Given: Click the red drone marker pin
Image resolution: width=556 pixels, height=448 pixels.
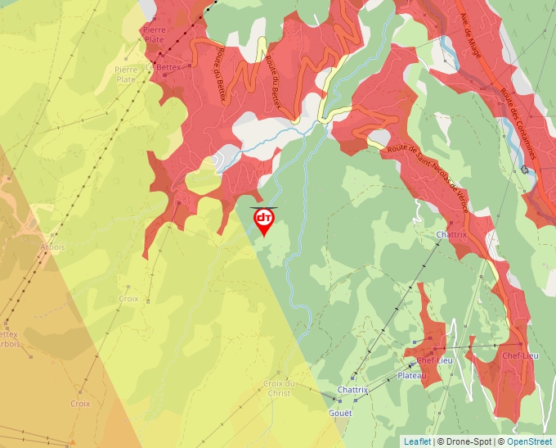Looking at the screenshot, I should pos(264,220).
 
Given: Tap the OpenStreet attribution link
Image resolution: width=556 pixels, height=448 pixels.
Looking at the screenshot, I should pos(531,441).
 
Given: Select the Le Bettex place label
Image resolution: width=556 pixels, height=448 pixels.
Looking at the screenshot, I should pos(161,67).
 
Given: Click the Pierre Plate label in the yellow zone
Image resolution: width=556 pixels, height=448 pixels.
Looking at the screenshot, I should pos(126,75).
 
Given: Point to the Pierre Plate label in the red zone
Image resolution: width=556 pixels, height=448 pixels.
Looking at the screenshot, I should pos(155,34).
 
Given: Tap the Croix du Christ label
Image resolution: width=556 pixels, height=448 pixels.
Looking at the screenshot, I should pos(279,387).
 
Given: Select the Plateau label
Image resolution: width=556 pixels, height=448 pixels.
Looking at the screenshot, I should pos(412,376).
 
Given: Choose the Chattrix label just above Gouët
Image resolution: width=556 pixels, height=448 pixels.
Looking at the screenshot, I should pos(352,390).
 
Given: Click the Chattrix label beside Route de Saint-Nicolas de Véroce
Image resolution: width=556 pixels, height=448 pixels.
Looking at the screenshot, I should pos(451,234).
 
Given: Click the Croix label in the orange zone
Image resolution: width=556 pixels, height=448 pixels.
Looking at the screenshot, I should pos(80,403).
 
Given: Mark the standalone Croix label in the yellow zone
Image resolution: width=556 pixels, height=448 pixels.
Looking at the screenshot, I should pos(128,299).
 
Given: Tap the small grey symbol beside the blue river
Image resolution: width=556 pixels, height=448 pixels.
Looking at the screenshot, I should pos(525,170).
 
